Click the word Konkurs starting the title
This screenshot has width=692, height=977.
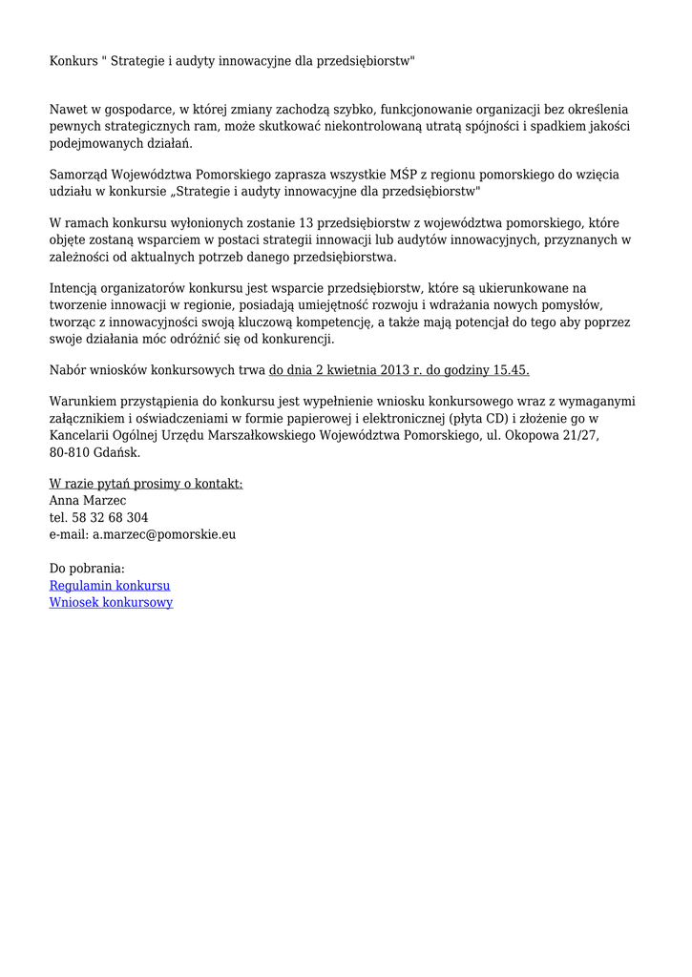pyautogui.click(x=73, y=61)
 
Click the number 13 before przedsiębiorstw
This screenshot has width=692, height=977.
pyautogui.click(x=306, y=223)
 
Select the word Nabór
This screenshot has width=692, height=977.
pyautogui.click(x=67, y=370)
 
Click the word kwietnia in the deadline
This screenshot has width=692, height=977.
pyautogui.click(x=354, y=370)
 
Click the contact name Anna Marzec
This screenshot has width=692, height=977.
pyautogui.click(x=88, y=501)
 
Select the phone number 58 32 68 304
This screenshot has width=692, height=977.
pyautogui.click(x=110, y=517)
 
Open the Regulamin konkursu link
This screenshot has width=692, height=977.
pyautogui.click(x=110, y=586)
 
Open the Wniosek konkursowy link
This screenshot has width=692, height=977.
pyautogui.click(x=111, y=602)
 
